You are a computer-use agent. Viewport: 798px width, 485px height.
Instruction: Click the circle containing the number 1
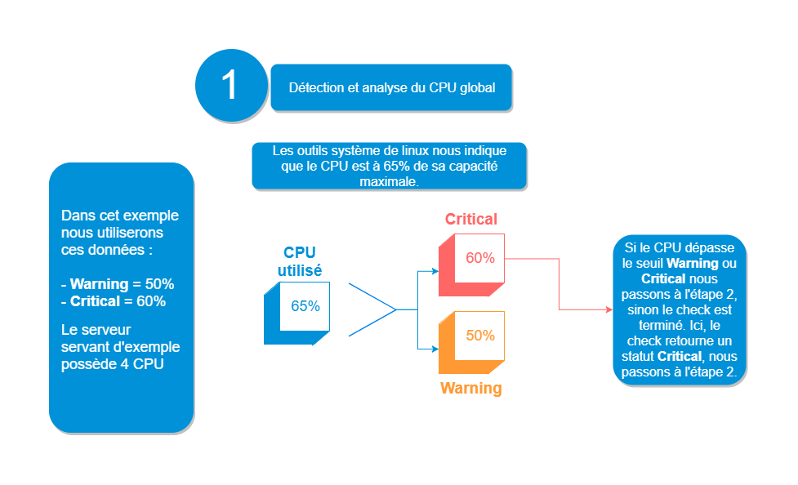[231, 86]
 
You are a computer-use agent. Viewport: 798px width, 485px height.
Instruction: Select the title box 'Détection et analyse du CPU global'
[391, 87]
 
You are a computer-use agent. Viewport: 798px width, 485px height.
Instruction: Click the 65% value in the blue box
[305, 307]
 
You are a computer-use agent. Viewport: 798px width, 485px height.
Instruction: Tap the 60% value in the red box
[480, 258]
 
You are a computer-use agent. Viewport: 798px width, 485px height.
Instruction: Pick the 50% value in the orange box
[480, 335]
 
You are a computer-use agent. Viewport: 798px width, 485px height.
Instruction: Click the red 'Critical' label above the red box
[470, 219]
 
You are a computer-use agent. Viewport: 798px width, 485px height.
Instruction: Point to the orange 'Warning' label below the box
[471, 388]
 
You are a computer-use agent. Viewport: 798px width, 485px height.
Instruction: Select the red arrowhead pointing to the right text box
[609, 310]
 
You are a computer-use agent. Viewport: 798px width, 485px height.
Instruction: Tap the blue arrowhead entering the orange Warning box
[435, 349]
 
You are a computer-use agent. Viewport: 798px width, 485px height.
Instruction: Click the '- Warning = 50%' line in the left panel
[118, 284]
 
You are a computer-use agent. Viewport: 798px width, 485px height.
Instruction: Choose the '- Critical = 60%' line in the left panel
[114, 301]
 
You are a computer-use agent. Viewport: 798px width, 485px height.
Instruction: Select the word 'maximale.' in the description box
[389, 182]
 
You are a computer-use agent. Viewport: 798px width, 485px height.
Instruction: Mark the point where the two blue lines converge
[397, 310]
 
